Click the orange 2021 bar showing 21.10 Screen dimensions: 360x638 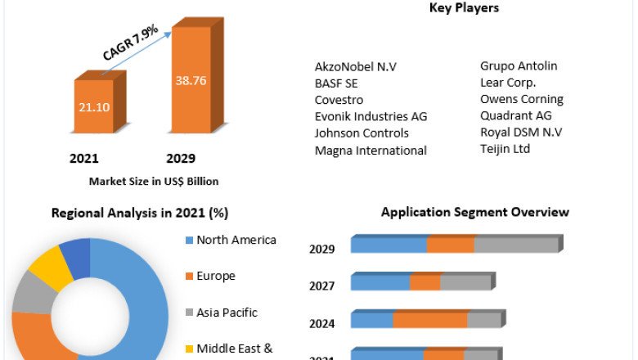tap(99, 106)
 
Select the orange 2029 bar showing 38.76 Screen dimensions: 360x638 tap(191, 82)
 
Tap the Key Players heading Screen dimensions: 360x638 tap(464, 8)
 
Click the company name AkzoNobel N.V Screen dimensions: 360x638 tap(355, 66)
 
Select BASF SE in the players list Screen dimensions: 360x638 tap(336, 83)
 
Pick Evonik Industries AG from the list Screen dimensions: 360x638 tap(371, 116)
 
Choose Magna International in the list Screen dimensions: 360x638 tap(371, 150)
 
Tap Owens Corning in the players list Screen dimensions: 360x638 tap(522, 99)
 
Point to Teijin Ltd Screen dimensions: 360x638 tap(505, 148)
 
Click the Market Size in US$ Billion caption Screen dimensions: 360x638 tap(154, 181)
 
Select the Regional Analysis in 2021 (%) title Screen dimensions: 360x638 tap(140, 213)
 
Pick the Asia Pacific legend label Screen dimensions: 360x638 tap(227, 312)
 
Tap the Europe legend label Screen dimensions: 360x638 tap(216, 276)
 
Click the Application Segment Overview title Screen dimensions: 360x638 tap(474, 212)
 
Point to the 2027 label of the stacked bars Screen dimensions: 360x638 tap(321, 286)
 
